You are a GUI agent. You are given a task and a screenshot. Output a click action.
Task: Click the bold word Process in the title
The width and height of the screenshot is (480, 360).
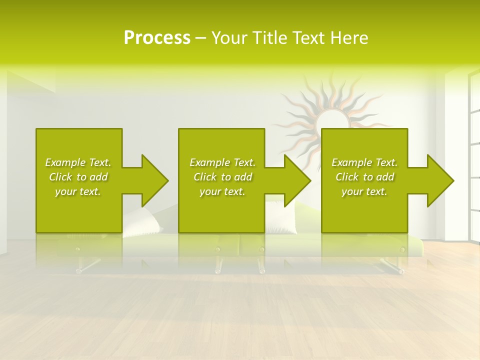coord(157,38)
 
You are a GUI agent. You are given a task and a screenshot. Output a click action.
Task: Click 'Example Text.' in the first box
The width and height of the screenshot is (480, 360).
coord(78,162)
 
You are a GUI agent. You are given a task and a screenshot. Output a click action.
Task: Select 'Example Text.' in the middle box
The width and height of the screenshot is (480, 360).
coord(222,162)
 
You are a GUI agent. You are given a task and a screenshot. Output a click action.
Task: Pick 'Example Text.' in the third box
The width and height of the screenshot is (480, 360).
coord(364,162)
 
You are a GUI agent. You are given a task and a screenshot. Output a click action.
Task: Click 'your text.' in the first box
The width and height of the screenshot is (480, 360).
coord(78,191)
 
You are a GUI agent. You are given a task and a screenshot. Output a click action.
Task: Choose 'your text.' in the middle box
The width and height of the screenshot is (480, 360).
coord(222,191)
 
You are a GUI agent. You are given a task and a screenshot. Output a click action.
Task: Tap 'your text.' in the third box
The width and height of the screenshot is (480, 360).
coord(364,191)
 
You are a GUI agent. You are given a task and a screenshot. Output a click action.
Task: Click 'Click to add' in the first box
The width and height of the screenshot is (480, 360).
coord(78,177)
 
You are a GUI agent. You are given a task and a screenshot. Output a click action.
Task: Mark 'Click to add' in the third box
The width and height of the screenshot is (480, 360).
coord(364,177)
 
